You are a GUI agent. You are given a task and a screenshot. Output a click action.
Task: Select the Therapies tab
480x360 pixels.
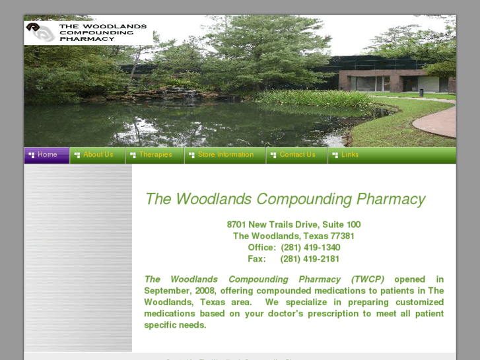click(x=155, y=155)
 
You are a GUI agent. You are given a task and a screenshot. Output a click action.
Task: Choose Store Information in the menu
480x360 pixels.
click(x=225, y=155)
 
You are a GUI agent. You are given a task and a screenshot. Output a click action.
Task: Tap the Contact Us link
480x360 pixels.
click(x=297, y=155)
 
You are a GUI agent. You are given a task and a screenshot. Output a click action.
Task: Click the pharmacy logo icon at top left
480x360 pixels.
click(x=40, y=32)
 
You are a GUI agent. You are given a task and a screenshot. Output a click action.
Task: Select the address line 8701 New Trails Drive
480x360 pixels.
click(x=293, y=225)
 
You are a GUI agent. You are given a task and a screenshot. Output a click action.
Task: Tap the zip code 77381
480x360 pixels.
click(x=342, y=236)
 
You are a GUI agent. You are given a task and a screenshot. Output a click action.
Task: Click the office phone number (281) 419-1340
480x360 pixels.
click(x=310, y=247)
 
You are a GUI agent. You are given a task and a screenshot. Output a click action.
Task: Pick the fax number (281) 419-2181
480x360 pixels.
click(x=310, y=258)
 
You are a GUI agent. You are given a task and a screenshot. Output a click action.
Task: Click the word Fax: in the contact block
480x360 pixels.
click(x=257, y=258)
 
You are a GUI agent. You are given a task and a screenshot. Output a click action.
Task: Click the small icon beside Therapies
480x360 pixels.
click(x=133, y=155)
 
